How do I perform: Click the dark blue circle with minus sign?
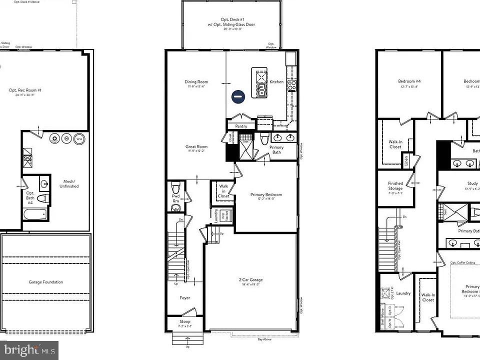(238, 96)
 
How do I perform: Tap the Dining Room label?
(196, 82)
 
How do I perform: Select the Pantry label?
(241, 126)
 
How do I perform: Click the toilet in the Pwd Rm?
(175, 188)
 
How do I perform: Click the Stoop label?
(184, 321)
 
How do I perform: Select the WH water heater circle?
(79, 139)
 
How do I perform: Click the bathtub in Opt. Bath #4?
(35, 214)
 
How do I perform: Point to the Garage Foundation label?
(45, 282)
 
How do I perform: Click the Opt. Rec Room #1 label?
(25, 90)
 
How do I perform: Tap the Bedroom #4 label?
(409, 81)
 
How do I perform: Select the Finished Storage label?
(395, 185)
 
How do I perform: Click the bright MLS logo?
(29, 350)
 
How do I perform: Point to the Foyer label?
(184, 298)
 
